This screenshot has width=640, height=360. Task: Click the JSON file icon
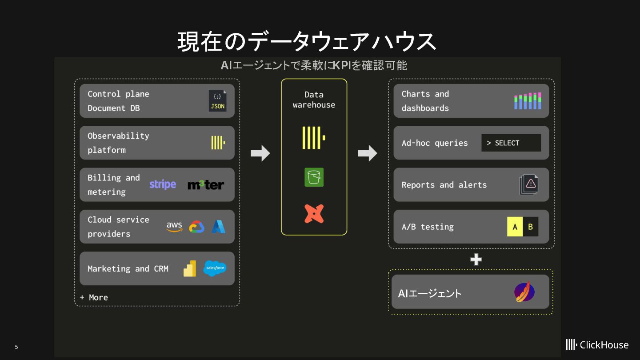pyautogui.click(x=217, y=101)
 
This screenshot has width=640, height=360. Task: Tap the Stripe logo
pyautogui.click(x=163, y=184)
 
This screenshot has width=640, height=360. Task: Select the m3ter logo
pyautogui.click(x=206, y=184)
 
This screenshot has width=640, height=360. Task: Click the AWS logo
pyautogui.click(x=174, y=227)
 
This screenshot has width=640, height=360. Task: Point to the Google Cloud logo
pyautogui.click(x=196, y=227)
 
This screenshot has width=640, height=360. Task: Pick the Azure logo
pyautogui.click(x=218, y=227)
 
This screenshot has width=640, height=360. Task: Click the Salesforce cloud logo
pyautogui.click(x=215, y=268)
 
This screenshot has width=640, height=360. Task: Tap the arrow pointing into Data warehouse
pyautogui.click(x=260, y=153)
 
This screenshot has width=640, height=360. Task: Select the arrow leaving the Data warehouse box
pyautogui.click(x=368, y=153)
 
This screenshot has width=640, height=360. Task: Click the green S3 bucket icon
pyautogui.click(x=314, y=177)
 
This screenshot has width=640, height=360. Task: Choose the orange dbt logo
pyautogui.click(x=314, y=214)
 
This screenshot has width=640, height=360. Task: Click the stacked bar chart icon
pyautogui.click(x=528, y=101)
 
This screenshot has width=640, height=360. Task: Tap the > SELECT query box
pyautogui.click(x=511, y=143)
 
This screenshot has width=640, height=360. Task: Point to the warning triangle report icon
pyautogui.click(x=529, y=184)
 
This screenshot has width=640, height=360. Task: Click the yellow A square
pyautogui.click(x=515, y=227)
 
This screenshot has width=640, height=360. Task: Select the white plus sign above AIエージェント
pyautogui.click(x=476, y=259)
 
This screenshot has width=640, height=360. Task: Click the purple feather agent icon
pyautogui.click(x=524, y=292)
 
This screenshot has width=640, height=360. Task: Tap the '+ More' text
pyautogui.click(x=94, y=297)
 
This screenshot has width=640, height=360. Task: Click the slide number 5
pyautogui.click(x=16, y=347)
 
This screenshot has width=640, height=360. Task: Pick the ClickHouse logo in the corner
pyautogui.click(x=597, y=344)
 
